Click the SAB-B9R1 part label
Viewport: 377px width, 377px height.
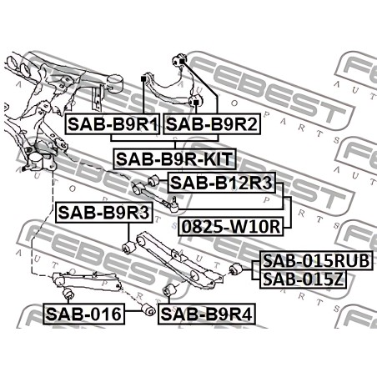tap(113, 124)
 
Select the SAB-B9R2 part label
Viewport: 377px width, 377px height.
tap(212, 124)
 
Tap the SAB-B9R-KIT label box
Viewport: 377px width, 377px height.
tap(174, 159)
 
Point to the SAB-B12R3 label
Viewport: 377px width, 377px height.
tap(222, 183)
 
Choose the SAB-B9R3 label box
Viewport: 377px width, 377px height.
tap(104, 213)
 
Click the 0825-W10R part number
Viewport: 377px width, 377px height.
tap(231, 226)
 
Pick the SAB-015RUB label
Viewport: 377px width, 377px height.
tap(316, 260)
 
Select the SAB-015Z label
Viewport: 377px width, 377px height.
tap(304, 279)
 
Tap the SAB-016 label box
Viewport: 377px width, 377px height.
tap(83, 314)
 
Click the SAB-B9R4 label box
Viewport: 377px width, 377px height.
tap(207, 314)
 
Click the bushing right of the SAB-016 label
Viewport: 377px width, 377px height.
tap(148, 310)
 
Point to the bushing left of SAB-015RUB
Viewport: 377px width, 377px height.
tap(236, 269)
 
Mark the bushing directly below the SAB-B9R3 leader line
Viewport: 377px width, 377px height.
tap(128, 247)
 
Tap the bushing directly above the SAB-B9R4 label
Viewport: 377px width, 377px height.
tap(168, 290)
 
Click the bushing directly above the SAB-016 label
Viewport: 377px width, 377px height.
tap(68, 294)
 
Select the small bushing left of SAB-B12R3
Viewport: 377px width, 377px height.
tap(153, 181)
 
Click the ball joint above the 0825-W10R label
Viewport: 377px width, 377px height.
tap(173, 204)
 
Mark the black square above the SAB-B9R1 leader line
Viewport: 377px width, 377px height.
tap(143, 79)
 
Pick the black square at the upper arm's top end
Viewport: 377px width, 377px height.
tap(182, 61)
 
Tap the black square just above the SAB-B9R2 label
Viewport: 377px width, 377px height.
tap(196, 103)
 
